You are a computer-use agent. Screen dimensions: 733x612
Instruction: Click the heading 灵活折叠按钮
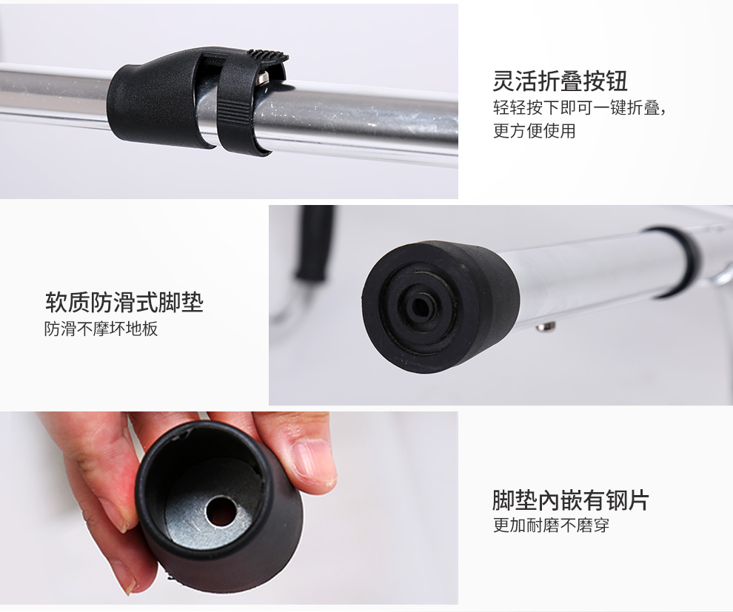point(560,81)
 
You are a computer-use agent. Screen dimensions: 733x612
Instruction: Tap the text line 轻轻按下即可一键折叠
point(579,108)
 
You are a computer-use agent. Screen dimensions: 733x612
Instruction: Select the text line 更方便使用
point(534,130)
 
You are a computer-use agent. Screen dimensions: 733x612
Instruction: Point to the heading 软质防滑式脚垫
point(124,302)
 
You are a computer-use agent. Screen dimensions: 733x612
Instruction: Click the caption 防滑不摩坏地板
point(101,329)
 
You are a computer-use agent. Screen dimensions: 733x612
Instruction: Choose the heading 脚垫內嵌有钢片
point(570,500)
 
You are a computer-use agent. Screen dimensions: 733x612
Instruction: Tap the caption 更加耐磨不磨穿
point(551,525)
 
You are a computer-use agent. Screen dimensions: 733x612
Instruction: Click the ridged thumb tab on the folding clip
point(267,55)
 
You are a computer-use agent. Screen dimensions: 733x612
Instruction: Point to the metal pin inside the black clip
point(262,78)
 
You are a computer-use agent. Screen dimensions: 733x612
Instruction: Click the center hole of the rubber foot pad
point(421,307)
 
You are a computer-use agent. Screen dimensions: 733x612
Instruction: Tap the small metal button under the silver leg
point(546,326)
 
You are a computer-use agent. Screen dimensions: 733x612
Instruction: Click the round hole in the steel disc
point(221,511)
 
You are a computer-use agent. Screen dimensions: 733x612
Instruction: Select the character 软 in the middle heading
point(56,302)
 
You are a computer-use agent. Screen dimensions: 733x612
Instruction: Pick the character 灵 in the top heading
point(503,81)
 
